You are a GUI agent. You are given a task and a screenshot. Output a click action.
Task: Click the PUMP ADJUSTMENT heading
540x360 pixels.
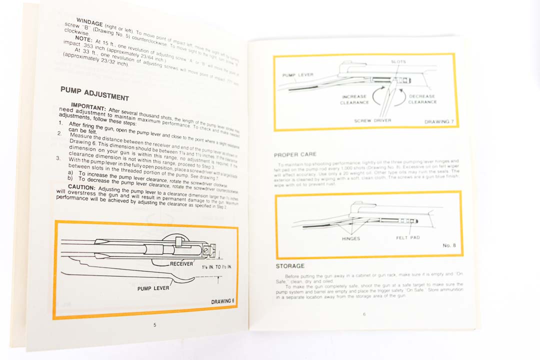pos(94,93)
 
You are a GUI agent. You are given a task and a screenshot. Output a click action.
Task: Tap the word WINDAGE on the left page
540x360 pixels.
pos(89,22)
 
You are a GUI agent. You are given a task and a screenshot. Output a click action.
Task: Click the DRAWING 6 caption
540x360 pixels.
pos(222,301)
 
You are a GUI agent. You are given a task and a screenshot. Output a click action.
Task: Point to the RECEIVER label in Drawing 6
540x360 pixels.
pos(181,263)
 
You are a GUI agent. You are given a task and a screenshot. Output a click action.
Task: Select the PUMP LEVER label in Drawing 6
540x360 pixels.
pos(153,288)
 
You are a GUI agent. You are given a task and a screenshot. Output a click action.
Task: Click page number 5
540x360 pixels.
pos(154,325)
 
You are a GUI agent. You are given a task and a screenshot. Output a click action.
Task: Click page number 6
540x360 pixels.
pos(364,314)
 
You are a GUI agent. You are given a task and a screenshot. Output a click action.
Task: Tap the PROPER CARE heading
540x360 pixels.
pos(295,154)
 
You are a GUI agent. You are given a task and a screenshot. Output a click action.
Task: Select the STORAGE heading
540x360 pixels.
pos(290,266)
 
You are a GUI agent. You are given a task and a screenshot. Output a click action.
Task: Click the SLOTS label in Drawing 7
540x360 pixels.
pos(398,62)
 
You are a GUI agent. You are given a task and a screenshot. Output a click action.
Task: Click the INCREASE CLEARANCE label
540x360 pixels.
pos(354,99)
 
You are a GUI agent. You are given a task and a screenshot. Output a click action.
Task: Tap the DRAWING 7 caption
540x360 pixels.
pos(438,121)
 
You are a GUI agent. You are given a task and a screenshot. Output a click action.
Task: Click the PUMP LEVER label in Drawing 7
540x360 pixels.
pos(298,75)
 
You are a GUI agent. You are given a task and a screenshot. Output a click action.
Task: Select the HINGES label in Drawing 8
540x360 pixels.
pos(351,238)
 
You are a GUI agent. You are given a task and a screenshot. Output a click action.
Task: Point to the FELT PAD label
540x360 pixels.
pos(408,237)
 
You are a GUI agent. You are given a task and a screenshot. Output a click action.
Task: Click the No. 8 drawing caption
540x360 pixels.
pos(447,245)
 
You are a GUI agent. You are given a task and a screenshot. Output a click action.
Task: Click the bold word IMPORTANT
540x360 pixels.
pos(87,106)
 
